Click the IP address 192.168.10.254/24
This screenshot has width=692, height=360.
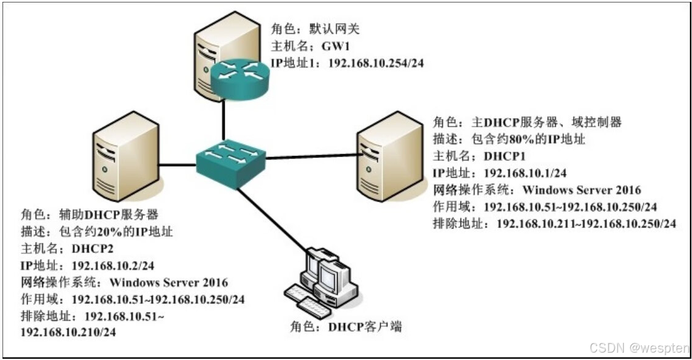378,63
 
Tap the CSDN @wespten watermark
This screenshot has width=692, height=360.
639,348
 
